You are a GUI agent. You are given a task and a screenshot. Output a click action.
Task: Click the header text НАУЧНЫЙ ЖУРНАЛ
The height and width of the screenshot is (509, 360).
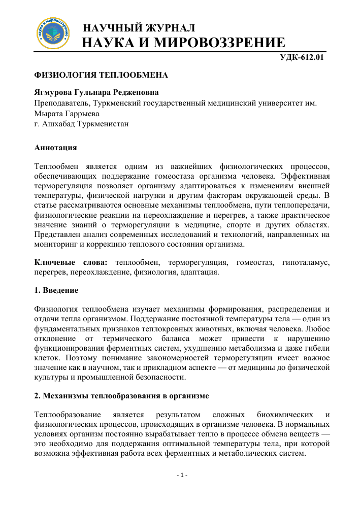point(139,27)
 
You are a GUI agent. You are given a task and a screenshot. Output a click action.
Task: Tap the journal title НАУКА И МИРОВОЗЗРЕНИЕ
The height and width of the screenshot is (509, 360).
point(183,43)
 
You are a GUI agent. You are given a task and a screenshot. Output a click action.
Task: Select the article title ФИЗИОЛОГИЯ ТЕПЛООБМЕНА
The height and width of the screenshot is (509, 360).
point(101,75)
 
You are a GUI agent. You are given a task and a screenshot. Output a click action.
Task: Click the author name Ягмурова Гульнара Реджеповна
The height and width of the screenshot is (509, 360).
point(96,93)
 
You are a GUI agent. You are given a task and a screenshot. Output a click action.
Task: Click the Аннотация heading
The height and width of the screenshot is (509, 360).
point(55,148)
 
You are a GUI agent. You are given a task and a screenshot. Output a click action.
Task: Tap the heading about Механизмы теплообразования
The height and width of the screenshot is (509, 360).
point(122,394)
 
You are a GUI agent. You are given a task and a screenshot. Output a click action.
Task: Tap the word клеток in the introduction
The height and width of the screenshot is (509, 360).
point(46,359)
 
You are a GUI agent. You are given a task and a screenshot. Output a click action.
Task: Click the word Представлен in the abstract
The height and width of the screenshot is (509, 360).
point(57,234)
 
